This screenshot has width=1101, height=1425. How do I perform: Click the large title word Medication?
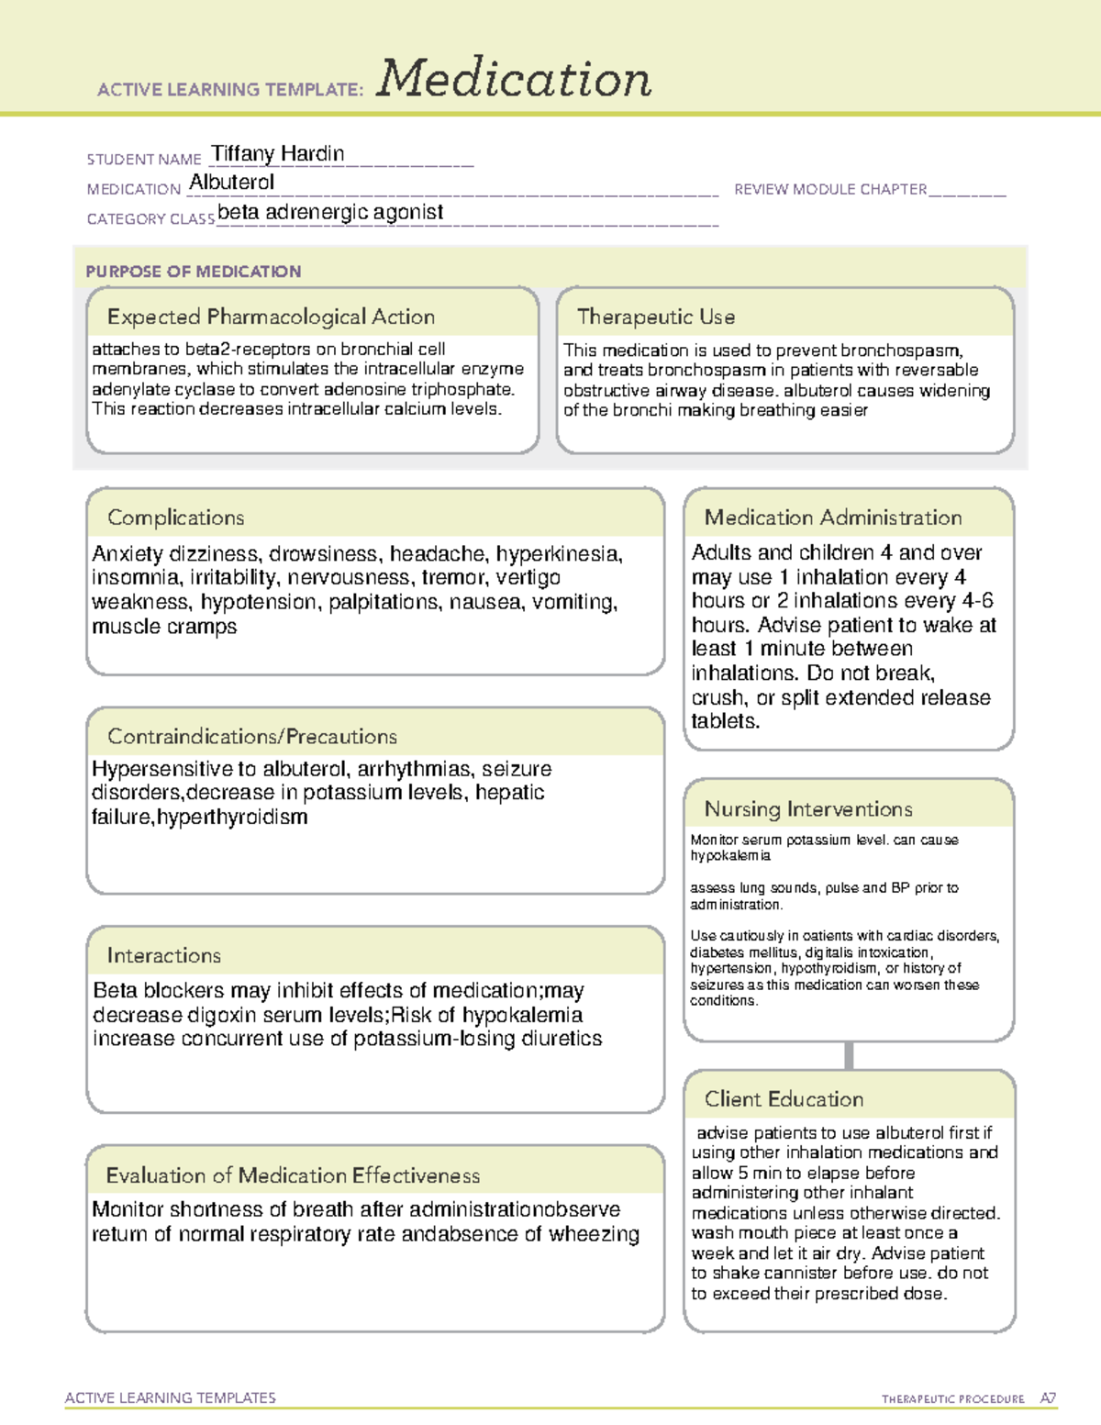513,79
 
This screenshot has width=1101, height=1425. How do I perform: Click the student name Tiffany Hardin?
278,154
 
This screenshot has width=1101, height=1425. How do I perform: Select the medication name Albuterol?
231,183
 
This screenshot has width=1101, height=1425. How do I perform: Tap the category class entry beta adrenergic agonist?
330,212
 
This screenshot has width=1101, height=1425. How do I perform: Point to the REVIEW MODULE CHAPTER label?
830,189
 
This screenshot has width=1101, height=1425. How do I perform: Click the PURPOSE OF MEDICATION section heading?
193,272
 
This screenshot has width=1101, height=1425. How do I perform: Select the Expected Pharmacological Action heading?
271,317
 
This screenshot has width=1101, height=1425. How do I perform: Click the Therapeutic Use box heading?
655,317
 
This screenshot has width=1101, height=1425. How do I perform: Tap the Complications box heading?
175,518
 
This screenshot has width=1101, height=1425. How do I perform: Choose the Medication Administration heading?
832,518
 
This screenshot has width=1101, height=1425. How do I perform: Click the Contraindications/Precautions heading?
251,736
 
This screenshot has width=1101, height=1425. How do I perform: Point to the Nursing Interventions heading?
807,808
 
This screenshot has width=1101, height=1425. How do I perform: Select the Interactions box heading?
163,955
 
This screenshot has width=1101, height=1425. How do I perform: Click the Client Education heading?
784,1098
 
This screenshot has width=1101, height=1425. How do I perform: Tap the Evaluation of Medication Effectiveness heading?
293,1175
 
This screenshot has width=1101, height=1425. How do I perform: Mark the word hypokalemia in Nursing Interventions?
730,855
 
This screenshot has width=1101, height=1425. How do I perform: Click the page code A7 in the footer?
1047,1398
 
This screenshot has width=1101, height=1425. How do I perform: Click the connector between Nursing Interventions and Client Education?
849,1055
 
